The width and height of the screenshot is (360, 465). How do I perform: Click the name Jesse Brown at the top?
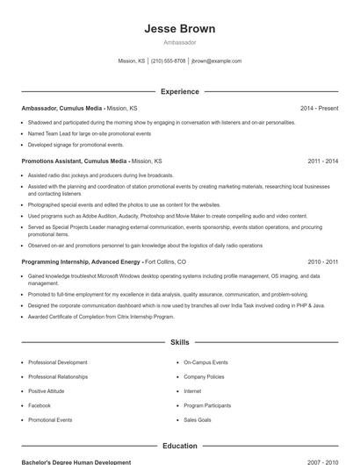[x=180, y=29]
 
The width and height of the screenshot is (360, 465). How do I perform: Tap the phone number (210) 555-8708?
[x=168, y=61]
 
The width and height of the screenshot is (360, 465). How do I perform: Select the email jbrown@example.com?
[x=216, y=61]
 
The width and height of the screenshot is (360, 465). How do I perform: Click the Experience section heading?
[x=180, y=91]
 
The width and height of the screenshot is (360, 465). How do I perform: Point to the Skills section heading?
[x=180, y=342]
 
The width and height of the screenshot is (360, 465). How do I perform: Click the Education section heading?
[x=180, y=446]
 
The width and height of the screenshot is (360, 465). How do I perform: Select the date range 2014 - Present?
[x=319, y=108]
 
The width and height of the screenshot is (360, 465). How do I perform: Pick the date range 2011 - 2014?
[x=322, y=161]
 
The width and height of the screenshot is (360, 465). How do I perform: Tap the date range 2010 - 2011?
[x=322, y=261]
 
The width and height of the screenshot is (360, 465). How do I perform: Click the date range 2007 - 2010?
[x=322, y=461]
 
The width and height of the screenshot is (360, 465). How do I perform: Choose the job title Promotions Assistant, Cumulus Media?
[x=74, y=161]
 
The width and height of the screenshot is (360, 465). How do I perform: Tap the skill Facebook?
[x=40, y=405]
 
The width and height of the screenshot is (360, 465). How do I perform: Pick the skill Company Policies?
[x=204, y=376]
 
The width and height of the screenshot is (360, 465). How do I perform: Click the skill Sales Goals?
[x=198, y=420]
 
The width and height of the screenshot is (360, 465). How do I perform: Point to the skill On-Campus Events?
[x=205, y=362]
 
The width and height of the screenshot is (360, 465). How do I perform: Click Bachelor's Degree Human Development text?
[x=76, y=461]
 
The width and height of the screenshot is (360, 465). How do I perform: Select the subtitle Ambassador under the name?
[x=180, y=42]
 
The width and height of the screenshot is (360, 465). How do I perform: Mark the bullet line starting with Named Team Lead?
[x=89, y=133]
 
